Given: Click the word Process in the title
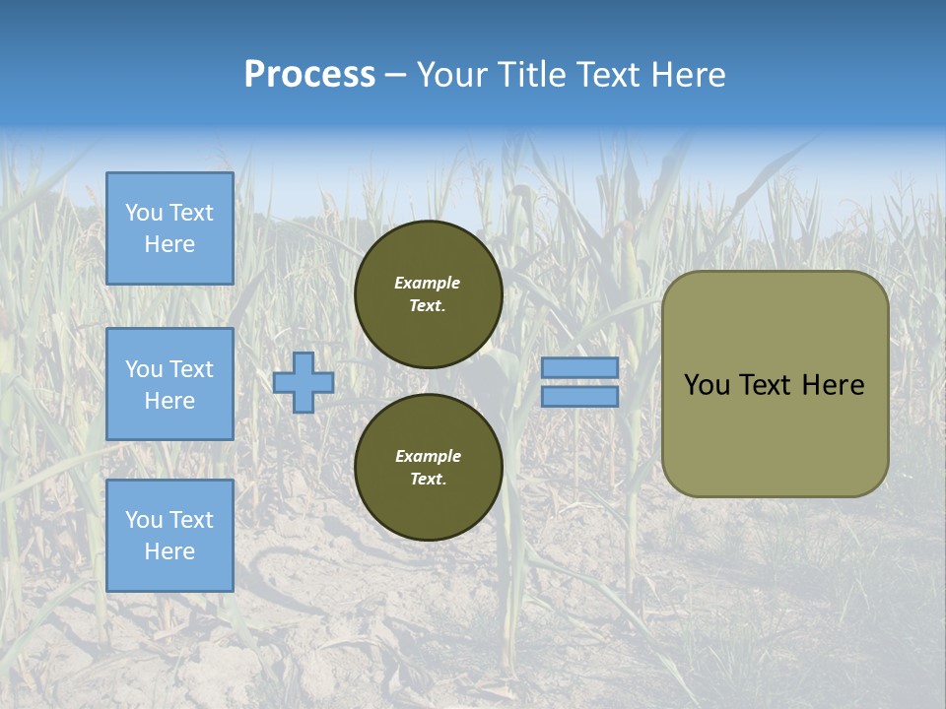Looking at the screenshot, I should coord(309,74).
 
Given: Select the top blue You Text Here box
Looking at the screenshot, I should coord(169,228).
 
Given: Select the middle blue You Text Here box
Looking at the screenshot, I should coord(169,384).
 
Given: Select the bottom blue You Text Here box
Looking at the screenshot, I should coord(169,536).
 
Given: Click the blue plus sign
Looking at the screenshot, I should coord(303,382).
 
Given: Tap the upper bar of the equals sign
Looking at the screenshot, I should coord(579,367).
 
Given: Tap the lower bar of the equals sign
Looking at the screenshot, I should coord(579,397).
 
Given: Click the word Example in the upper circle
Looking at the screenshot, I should coord(428,283).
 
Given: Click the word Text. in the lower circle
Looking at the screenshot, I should coord(428,480).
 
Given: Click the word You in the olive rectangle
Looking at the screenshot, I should coord(706,385).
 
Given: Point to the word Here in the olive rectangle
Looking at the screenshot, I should coord(833,385).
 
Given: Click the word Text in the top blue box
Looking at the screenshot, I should coord(191,213).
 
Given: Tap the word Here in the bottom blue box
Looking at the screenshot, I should coord(169,551).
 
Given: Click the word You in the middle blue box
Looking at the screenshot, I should coord(144,369).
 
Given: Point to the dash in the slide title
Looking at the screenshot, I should coord(396,75).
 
